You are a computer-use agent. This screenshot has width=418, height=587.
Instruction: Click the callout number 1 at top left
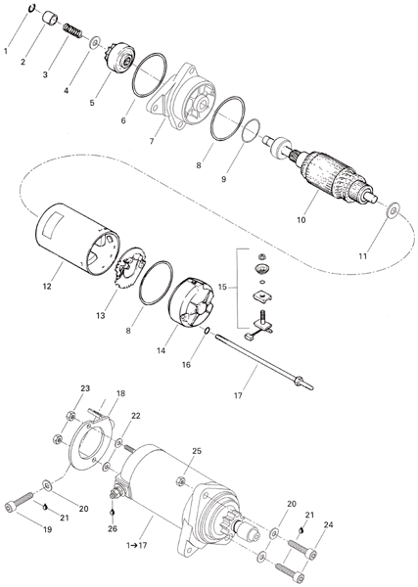coord(6,51)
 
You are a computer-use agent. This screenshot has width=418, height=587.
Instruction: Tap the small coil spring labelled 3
coord(72,30)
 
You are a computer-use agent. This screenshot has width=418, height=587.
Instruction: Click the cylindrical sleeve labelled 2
coord(51,19)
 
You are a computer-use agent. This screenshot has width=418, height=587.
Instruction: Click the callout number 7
coord(152,141)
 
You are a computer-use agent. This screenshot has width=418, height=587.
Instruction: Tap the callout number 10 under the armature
coord(302,220)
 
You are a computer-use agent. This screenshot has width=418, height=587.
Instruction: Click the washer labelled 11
coord(393,210)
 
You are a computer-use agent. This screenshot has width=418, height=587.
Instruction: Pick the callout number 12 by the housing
coord(47,287)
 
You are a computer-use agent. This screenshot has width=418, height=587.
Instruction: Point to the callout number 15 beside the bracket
coord(222,287)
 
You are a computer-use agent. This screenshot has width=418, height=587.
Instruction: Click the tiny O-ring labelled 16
coord(207,331)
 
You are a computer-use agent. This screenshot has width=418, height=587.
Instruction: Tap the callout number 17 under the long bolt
coord(238,395)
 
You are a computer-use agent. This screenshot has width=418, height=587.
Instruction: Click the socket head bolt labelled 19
coord(20,502)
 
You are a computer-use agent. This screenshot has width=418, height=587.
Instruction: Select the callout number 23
coord(85,388)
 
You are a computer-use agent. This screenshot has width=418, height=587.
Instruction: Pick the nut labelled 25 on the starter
coord(180,481)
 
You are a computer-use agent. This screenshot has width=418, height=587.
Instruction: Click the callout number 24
coord(328,525)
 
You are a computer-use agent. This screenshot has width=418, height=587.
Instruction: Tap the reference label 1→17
coord(137,545)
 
